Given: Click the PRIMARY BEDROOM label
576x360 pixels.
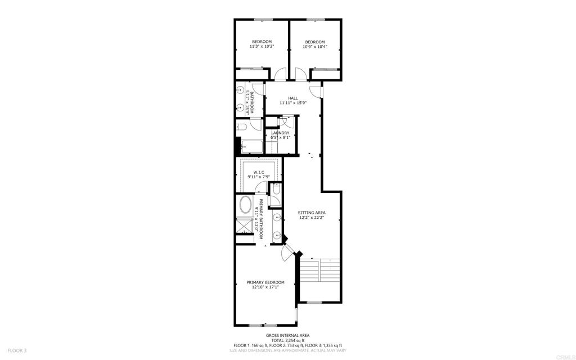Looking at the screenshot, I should [265, 282].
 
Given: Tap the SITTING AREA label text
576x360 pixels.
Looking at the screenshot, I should [312, 213].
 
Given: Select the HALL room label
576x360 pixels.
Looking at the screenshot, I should [292, 98].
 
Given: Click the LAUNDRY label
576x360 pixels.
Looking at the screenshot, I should [280, 133].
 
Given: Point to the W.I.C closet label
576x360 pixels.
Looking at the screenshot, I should [259, 172].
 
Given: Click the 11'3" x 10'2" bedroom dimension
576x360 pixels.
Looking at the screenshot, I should [262, 47].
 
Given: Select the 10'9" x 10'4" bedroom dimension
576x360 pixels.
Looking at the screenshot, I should [315, 47].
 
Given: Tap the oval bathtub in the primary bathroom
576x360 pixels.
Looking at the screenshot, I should [245, 205].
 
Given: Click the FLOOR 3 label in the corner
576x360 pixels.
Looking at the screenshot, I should [10, 350].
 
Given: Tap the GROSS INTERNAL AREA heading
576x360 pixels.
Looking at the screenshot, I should [287, 335].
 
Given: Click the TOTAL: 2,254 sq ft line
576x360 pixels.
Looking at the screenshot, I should [287, 340].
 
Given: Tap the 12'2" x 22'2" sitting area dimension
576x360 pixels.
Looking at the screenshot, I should [312, 218].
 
